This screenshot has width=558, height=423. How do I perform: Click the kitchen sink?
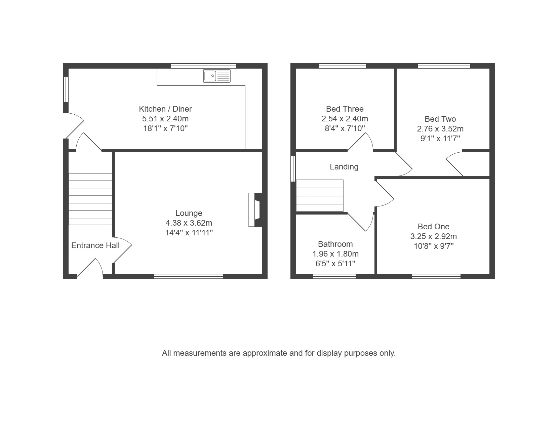(x=216, y=76)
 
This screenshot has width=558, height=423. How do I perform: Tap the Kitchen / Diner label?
(x=165, y=109)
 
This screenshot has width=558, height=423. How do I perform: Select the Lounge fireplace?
(x=255, y=210)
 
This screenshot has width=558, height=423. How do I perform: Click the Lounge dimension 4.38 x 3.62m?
(x=189, y=223)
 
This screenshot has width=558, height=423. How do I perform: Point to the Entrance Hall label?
(x=95, y=245)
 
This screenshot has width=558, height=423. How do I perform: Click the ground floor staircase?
(x=90, y=199)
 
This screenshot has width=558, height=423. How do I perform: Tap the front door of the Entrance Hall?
(x=90, y=267)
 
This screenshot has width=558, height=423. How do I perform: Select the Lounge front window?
(x=189, y=276)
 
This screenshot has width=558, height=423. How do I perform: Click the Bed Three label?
(x=345, y=109)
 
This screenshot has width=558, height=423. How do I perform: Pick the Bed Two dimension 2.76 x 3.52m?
(x=440, y=129)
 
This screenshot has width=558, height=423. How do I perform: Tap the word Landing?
(x=344, y=167)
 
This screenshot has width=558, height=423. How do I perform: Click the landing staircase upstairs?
(x=320, y=195)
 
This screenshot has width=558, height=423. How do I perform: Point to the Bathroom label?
(x=335, y=244)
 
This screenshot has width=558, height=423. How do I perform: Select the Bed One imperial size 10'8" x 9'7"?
(x=434, y=246)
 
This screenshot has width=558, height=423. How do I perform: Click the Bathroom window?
(x=334, y=276)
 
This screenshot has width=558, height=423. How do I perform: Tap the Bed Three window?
(x=343, y=66)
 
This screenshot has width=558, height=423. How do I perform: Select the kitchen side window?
(x=66, y=89)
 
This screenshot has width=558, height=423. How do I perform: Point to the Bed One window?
(x=436, y=276)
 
